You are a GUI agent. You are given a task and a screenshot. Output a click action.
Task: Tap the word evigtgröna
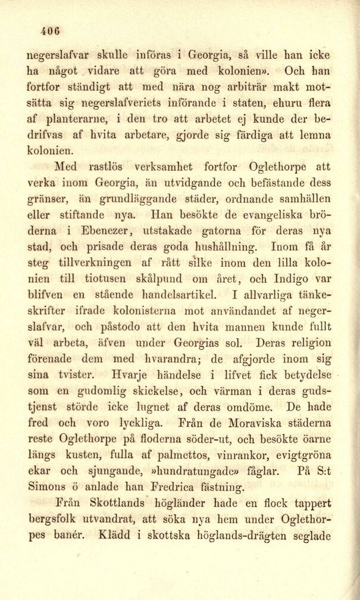[300, 457]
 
